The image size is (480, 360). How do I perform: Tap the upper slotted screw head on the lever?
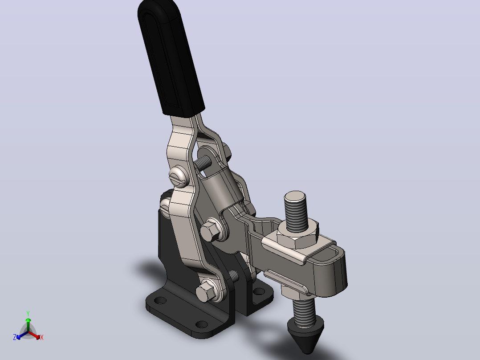pyautogui.click(x=179, y=176)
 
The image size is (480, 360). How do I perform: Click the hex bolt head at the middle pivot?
pyautogui.click(x=211, y=230)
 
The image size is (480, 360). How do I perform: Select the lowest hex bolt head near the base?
pyautogui.click(x=206, y=291)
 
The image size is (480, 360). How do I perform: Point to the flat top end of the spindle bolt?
pyautogui.click(x=295, y=196)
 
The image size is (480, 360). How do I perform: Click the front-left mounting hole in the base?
pyautogui.click(x=160, y=300)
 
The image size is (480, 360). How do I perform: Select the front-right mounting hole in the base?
pyautogui.click(x=201, y=324)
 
